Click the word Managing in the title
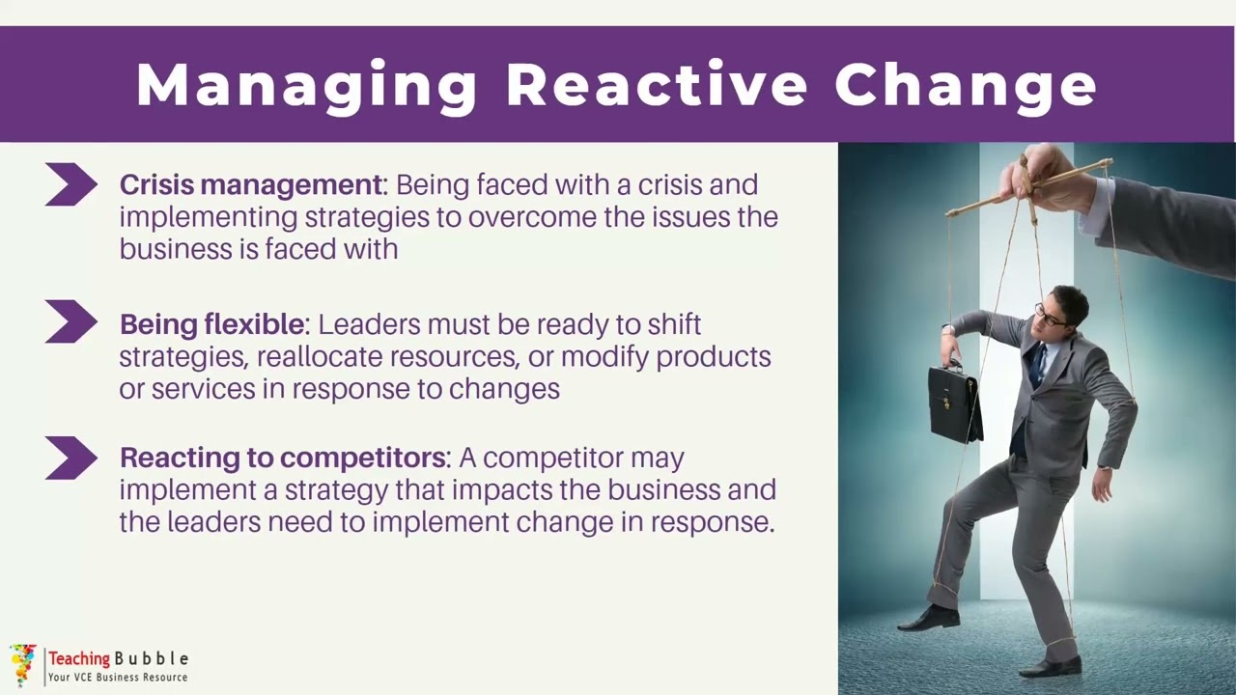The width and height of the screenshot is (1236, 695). [307, 85]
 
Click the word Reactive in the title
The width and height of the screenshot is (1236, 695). [657, 85]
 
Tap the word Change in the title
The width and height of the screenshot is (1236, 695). [966, 85]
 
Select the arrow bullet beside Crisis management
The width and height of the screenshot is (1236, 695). [70, 184]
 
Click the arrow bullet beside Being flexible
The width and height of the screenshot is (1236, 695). [70, 322]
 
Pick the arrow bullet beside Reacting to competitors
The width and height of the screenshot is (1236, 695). [70, 459]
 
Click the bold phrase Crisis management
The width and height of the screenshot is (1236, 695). [251, 184]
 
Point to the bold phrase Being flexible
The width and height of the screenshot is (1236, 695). [212, 324]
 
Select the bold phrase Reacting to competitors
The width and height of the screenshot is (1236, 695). [284, 457]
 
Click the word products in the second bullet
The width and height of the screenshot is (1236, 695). [713, 357]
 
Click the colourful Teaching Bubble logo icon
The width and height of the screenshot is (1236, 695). [23, 664]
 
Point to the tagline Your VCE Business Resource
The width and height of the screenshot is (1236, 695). [118, 678]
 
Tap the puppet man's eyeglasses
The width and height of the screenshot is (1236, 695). [1051, 316]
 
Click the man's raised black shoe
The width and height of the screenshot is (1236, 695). [929, 618]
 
